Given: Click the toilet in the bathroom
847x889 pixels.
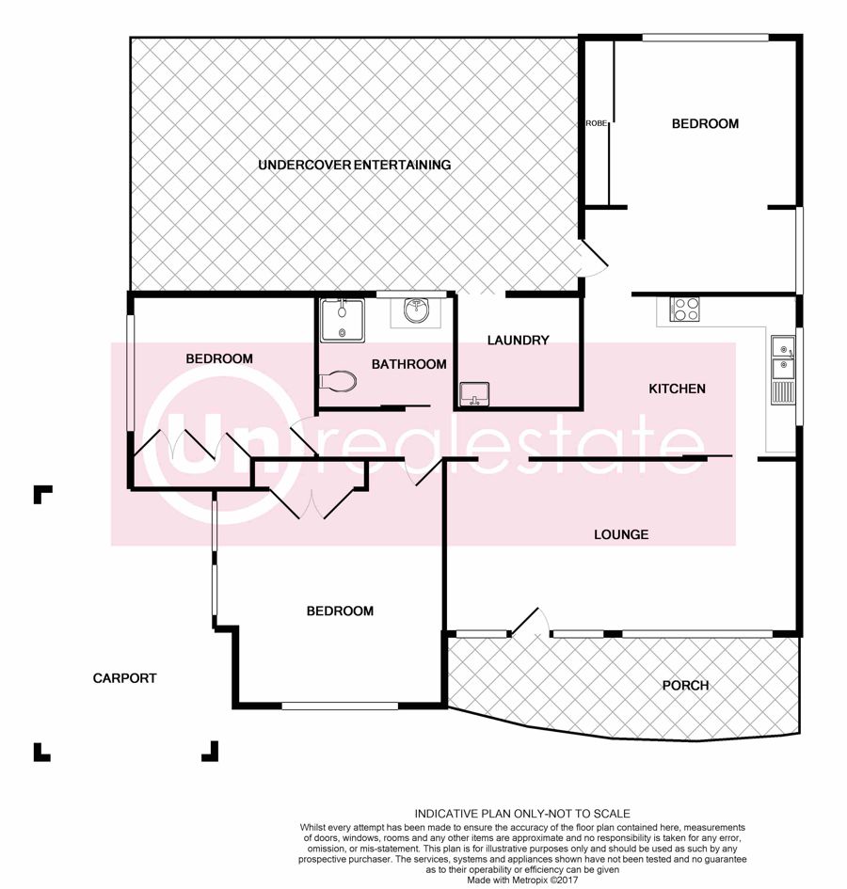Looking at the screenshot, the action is coord(338,380).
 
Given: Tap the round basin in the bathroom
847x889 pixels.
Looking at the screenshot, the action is coord(417,310).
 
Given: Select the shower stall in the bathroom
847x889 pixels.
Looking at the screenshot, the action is coord(343,321).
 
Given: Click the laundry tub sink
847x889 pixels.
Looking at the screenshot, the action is coord(474,394).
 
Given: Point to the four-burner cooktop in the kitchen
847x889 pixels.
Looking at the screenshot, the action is coord(684,309).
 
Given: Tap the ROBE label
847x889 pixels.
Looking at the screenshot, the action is coord(596,123).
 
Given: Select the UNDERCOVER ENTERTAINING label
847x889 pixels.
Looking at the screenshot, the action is coord(355,165).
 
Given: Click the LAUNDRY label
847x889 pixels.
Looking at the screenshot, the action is coord(518,341).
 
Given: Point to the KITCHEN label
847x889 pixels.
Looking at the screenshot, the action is coord(677,389).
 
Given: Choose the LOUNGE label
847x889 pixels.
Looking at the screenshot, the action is coord(621,534).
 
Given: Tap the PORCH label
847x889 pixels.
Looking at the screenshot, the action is coord(685,686).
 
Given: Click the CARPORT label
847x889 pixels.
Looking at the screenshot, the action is coord(124,678).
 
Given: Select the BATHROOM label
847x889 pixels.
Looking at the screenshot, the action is coord(409,365).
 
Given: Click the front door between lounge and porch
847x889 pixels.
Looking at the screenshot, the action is coord(529,622).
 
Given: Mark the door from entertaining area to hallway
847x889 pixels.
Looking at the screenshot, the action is coord(593,258).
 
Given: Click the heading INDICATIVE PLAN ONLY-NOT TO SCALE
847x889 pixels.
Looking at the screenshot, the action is coord(522,814).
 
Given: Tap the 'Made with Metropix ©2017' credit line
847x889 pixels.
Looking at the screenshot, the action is coord(522,880).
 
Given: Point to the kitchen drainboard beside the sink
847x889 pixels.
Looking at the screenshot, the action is coord(783,392).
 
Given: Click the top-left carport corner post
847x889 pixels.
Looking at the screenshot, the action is coord(42,494).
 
